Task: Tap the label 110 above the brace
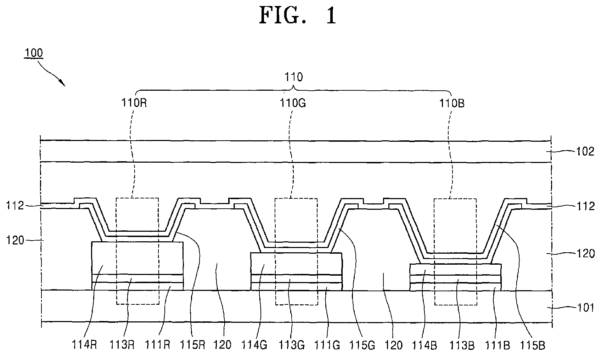294,77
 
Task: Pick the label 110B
452,103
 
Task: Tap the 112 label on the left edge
15,206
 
